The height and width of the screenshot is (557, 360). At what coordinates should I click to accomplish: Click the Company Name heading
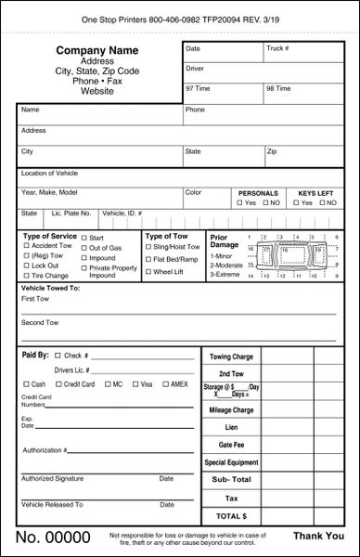click(x=98, y=49)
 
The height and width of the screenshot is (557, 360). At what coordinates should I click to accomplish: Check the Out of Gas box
click(x=84, y=248)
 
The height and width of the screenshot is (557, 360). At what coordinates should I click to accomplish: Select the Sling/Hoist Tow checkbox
click(x=148, y=246)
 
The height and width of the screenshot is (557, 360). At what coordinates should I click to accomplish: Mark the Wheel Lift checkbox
click(x=148, y=272)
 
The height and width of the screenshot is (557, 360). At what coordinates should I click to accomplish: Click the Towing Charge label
click(x=230, y=356)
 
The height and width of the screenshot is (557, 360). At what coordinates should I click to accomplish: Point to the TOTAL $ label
click(x=230, y=514)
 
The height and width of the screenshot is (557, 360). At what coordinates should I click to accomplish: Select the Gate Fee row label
click(x=230, y=445)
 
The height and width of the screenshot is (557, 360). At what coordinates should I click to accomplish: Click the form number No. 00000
click(x=53, y=538)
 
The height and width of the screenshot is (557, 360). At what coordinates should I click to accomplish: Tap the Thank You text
click(x=318, y=537)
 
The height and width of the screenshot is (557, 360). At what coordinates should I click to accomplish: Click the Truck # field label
click(x=277, y=47)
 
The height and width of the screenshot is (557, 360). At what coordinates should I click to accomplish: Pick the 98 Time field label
click(x=278, y=88)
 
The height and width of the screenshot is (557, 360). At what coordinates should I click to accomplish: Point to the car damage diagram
click(x=293, y=254)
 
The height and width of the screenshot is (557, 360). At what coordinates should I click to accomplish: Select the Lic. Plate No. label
click(x=71, y=213)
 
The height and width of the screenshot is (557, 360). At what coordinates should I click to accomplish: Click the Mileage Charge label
click(x=230, y=409)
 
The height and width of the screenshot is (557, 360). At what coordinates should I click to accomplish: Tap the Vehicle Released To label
click(x=52, y=504)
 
